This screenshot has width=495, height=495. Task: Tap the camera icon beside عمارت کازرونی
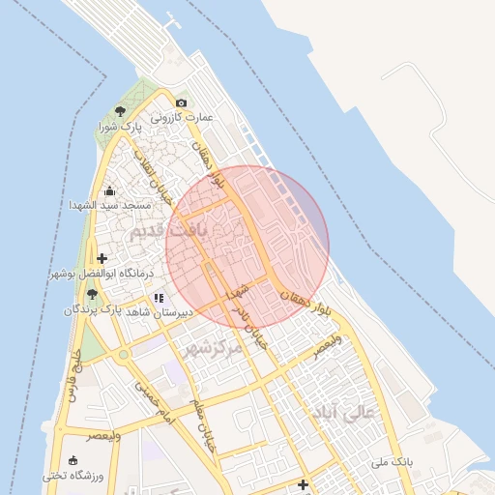click(181, 102)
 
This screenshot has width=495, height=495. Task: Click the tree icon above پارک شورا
click(120, 111)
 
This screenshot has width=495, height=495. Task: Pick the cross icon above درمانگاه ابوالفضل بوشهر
click(102, 258)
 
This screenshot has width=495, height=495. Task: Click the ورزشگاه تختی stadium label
click(73, 476)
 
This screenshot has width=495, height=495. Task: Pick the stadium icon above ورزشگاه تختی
click(73, 460)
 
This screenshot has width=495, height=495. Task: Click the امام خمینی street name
click(151, 403)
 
